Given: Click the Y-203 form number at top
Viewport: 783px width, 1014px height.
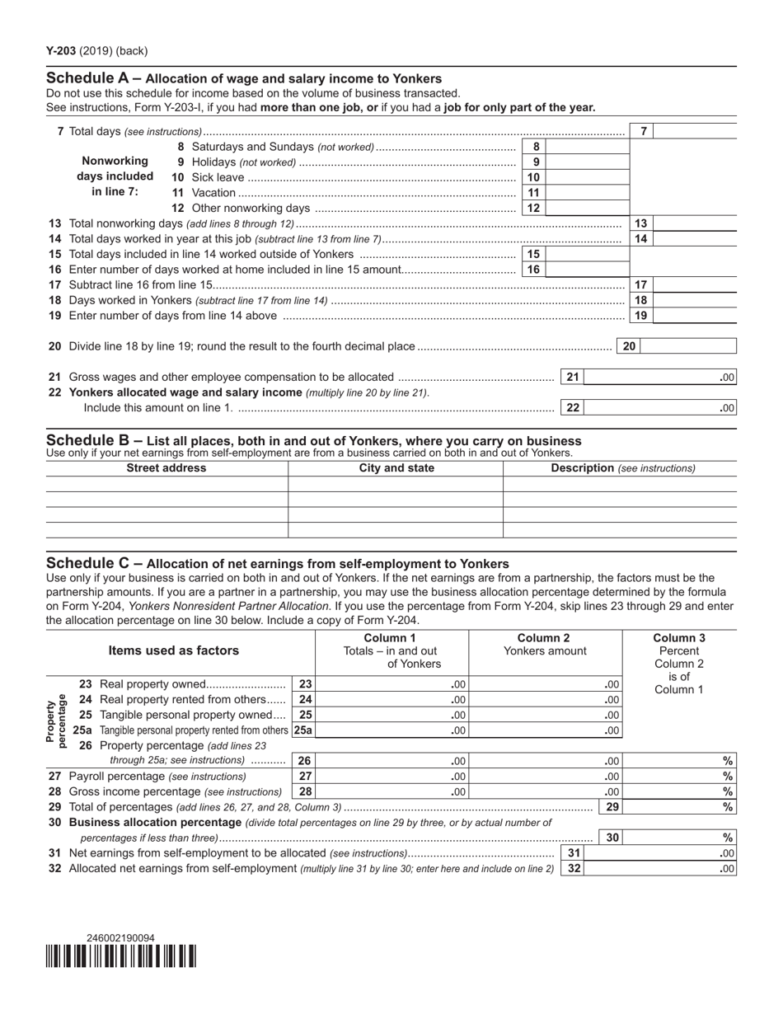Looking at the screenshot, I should [62, 51].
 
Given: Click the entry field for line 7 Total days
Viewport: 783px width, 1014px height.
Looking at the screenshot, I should [694, 132].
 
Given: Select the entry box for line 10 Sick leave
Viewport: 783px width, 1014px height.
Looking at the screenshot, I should [587, 177].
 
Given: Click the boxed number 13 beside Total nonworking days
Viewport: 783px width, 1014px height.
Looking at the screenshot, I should [641, 223].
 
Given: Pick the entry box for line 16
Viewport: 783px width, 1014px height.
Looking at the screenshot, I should [587, 270].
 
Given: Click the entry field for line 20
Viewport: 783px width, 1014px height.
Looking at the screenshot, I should [688, 347].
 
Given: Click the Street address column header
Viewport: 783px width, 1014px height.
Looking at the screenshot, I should [166, 468].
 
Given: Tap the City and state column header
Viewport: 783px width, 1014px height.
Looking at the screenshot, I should [396, 468].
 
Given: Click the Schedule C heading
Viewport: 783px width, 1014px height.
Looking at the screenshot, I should [277, 564].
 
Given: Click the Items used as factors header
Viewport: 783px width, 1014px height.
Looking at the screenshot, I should [173, 650].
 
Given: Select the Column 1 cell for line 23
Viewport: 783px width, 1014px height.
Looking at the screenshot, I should [391, 684].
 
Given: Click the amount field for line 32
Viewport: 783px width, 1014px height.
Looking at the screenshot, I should [659, 869].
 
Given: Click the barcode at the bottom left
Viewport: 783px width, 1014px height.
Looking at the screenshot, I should [120, 956].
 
